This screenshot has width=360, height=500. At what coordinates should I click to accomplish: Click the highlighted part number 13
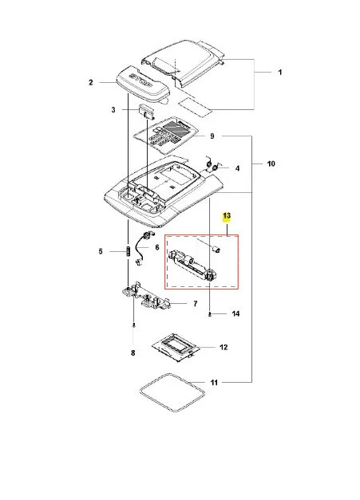pyautogui.click(x=227, y=216)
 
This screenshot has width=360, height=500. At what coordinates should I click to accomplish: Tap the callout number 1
pyautogui.click(x=280, y=73)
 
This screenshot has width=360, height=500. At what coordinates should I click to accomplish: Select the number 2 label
pyautogui.click(x=91, y=83)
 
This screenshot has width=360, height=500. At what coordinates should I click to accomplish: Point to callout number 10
pyautogui.click(x=271, y=164)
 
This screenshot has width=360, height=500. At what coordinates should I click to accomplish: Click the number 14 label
pyautogui.click(x=235, y=313)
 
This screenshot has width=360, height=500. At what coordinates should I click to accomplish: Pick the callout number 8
pyautogui.click(x=133, y=353)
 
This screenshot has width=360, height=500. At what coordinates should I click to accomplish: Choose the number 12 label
pyautogui.click(x=224, y=347)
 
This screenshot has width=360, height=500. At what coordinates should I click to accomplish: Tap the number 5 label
pyautogui.click(x=101, y=251)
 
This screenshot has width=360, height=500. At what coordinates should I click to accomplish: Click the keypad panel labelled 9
pyautogui.click(x=166, y=136)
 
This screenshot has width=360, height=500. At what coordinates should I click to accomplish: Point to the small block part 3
pyautogui.click(x=145, y=112)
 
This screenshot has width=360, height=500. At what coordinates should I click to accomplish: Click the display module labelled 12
pyautogui.click(x=176, y=348)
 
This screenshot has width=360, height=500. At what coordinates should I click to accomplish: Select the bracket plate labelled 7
pyautogui.click(x=146, y=297)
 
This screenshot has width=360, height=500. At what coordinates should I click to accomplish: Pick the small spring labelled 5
pyautogui.click(x=128, y=251)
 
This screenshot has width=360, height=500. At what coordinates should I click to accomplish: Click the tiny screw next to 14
pyautogui.click(x=209, y=315)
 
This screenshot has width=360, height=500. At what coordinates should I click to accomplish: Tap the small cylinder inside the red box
pyautogui.click(x=216, y=250)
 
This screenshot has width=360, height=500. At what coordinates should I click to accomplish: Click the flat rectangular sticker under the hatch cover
pyautogui.click(x=195, y=106)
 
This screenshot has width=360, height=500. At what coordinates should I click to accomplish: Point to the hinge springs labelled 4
pyautogui.click(x=213, y=164)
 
